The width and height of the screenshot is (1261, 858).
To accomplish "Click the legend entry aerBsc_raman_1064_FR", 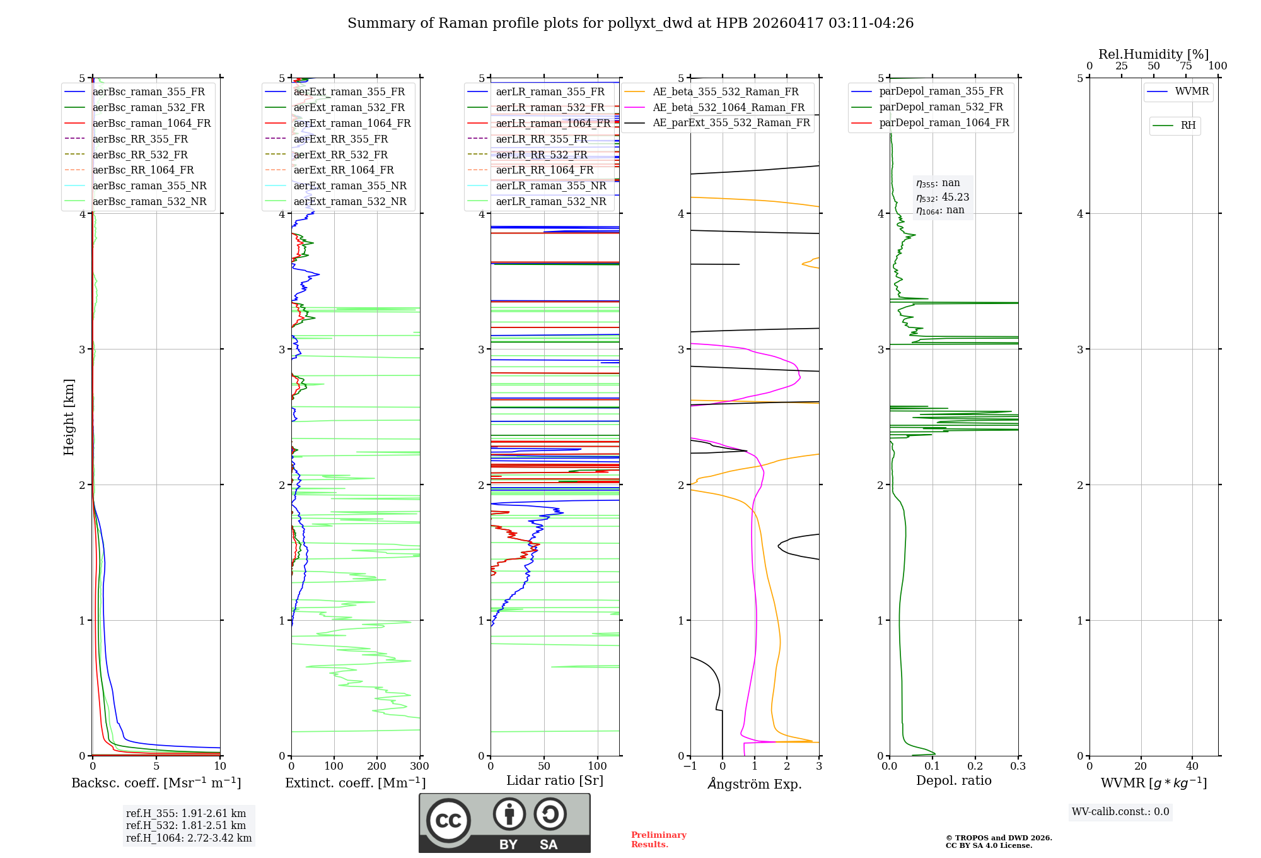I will (151, 123).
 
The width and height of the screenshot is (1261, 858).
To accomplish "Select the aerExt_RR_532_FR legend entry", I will (340, 155).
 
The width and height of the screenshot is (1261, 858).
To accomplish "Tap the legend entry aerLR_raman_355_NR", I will (550, 185).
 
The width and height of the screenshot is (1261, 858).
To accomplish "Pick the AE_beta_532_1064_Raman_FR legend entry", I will (728, 107).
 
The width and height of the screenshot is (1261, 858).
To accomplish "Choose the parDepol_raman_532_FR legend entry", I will (941, 107).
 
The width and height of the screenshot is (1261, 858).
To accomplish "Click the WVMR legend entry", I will (1192, 91).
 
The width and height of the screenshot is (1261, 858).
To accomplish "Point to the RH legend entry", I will (1188, 126).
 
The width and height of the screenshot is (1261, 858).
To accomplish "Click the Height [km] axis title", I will (69, 417).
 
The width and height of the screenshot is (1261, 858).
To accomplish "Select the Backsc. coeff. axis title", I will (156, 783).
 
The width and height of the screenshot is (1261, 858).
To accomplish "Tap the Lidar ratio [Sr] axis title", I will (554, 780).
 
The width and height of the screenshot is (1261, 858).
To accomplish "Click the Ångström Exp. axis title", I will (754, 784).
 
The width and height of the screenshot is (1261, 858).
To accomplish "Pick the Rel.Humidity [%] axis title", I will (1153, 54).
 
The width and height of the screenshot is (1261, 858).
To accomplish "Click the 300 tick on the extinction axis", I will (419, 767).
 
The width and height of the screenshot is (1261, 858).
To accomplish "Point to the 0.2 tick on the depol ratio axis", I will (975, 767).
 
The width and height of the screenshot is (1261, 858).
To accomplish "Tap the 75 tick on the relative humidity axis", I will (1185, 66).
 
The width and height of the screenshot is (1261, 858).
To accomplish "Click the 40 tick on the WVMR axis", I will (1192, 767).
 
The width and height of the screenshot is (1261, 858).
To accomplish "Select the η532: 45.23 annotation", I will (943, 197).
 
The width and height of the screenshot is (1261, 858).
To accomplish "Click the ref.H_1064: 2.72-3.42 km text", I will (189, 838).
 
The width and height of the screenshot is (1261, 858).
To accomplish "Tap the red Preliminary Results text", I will (658, 840).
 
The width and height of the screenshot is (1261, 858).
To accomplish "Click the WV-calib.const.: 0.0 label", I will (1120, 812).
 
